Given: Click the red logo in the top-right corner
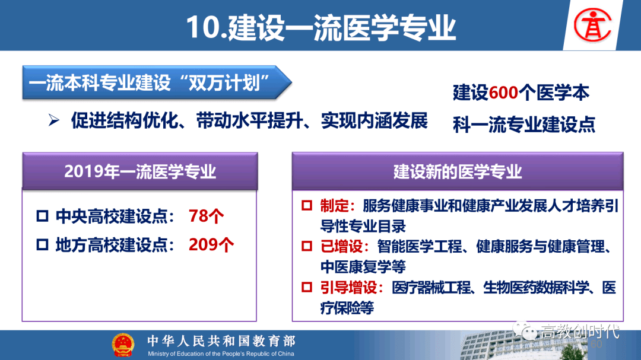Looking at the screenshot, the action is click(x=592, y=26).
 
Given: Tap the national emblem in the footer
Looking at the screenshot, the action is click(x=123, y=345).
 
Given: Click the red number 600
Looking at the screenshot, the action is click(x=503, y=93).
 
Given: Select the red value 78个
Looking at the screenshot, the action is click(x=206, y=216).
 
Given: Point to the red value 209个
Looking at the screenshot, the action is click(x=211, y=245).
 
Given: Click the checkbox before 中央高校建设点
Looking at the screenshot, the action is click(x=43, y=216).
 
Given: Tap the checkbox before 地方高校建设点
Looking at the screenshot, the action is click(x=43, y=245).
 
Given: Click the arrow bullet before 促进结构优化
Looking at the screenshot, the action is click(x=54, y=120).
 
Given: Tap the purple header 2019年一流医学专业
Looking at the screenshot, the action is click(x=140, y=171).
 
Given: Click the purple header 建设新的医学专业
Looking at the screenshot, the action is click(x=458, y=171).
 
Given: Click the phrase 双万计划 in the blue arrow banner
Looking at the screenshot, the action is click(x=229, y=83).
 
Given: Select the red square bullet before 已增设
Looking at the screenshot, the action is click(x=307, y=246).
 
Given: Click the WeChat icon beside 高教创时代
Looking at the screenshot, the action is click(x=525, y=330).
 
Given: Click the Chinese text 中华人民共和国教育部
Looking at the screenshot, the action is click(x=221, y=341).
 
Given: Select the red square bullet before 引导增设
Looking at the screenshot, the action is click(x=307, y=287).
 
